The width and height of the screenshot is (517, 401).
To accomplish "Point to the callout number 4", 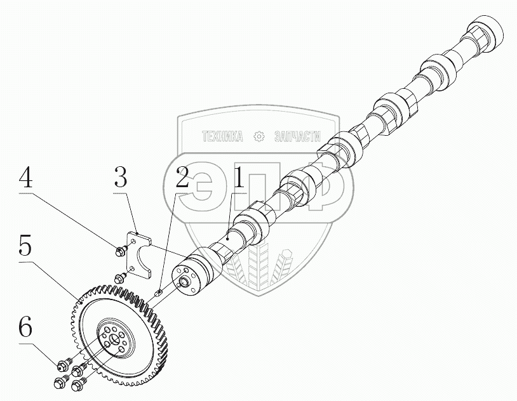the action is pyautogui.click(x=25, y=178).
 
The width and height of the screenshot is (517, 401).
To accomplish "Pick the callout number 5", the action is pyautogui.click(x=25, y=246).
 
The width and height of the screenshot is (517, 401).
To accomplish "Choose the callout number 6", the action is pyautogui.click(x=25, y=328).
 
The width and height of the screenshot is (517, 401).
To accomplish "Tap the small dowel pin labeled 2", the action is pyautogui.click(x=160, y=293).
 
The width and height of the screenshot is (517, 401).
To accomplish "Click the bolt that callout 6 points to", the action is pyautogui.click(x=62, y=365).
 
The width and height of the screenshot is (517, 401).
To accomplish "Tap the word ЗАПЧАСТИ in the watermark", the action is pyautogui.click(x=297, y=136).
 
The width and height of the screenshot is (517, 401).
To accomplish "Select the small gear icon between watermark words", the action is pyautogui.click(x=258, y=136).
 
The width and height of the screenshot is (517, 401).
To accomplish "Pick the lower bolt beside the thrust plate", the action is pyautogui.click(x=119, y=277).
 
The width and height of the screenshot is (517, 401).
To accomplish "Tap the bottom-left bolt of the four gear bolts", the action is pyautogui.click(x=60, y=383).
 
